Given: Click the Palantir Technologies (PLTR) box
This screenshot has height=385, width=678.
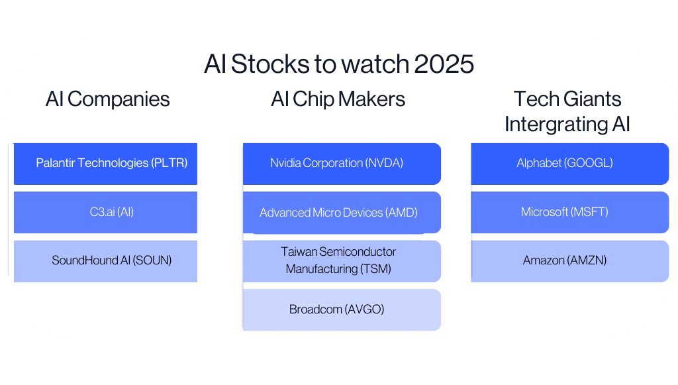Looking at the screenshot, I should click(106, 163).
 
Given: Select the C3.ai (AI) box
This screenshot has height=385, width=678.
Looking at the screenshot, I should click(106, 212).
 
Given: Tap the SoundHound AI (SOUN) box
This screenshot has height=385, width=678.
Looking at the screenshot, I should click(106, 260).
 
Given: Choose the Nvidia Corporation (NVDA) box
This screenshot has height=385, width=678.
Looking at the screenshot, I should click(341, 163).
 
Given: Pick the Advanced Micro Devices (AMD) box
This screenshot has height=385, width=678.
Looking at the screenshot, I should click(341, 212).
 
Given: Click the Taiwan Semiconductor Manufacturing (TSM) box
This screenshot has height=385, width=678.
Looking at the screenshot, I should click(341, 260).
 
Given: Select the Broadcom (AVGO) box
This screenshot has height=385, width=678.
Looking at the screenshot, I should click(341, 309).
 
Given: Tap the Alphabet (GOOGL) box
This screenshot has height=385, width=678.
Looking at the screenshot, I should click(569, 163).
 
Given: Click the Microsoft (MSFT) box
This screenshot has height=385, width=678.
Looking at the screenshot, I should click(569, 212).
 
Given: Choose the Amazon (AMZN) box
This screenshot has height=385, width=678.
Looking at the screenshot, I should click(569, 260).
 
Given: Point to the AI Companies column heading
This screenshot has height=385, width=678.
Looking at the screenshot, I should click(108, 99).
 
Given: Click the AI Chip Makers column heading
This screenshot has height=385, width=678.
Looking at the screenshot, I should click(338, 99).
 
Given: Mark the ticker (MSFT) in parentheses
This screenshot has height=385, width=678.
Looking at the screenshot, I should click(590, 212).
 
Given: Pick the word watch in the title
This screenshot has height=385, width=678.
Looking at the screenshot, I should click(375, 64).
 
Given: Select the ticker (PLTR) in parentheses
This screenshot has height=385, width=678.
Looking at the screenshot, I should click(169, 163).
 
